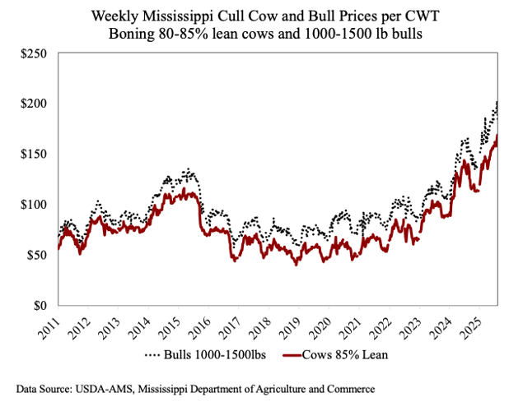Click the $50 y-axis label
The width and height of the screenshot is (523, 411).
[x=35, y=255]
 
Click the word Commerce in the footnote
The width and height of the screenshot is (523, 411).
[x=345, y=386]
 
